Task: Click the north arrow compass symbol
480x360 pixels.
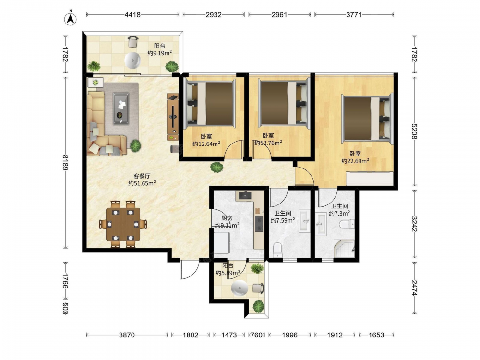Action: coord(71,18)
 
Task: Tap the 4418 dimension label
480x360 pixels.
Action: coord(132,15)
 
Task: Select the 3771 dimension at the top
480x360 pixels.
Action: coord(354,15)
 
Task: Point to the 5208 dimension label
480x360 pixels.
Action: coord(414,131)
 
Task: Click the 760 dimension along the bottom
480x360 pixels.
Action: coord(256,335)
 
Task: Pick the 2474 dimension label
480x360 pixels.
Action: coord(414,288)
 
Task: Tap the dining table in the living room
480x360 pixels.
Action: coord(123,224)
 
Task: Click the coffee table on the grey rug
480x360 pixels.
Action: coord(121,108)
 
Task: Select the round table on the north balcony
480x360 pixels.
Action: coord(133,60)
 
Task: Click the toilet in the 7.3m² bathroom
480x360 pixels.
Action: coord(347,224)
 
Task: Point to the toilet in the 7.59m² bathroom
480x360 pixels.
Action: coord(277,250)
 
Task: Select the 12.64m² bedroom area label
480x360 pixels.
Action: coord(206,144)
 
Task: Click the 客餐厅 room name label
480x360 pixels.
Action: coord(142,176)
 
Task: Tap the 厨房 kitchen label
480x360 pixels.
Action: coord(227,218)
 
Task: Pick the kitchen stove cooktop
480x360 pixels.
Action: coord(259,224)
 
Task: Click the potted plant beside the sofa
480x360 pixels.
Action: coord(135,146)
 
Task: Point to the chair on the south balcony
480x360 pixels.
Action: coord(258,288)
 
